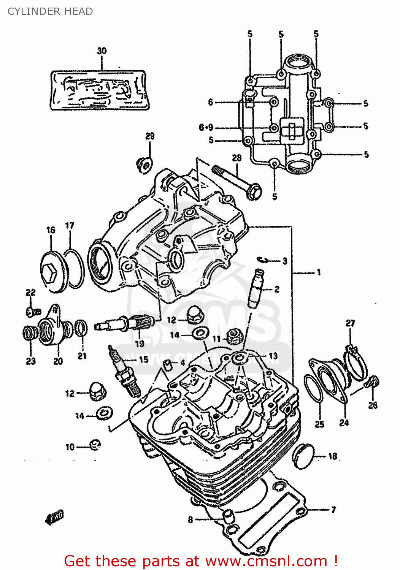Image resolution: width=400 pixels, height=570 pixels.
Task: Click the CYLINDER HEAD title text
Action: (x=50, y=11)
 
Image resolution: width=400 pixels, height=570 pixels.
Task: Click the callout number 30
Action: (x=102, y=51)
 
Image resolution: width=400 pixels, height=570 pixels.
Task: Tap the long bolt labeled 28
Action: (x=238, y=181)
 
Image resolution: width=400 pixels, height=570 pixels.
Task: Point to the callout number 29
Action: (x=150, y=136)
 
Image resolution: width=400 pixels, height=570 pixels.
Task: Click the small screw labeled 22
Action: (x=33, y=312)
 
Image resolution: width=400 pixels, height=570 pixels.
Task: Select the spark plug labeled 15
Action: (x=124, y=371)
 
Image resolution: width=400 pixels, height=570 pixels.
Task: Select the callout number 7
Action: (x=333, y=510)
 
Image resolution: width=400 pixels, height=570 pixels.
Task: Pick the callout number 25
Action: (x=319, y=424)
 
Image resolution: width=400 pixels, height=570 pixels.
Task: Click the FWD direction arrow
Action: (x=55, y=517)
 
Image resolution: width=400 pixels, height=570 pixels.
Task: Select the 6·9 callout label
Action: (x=206, y=128)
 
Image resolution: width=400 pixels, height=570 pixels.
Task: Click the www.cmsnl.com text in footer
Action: (x=266, y=561)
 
